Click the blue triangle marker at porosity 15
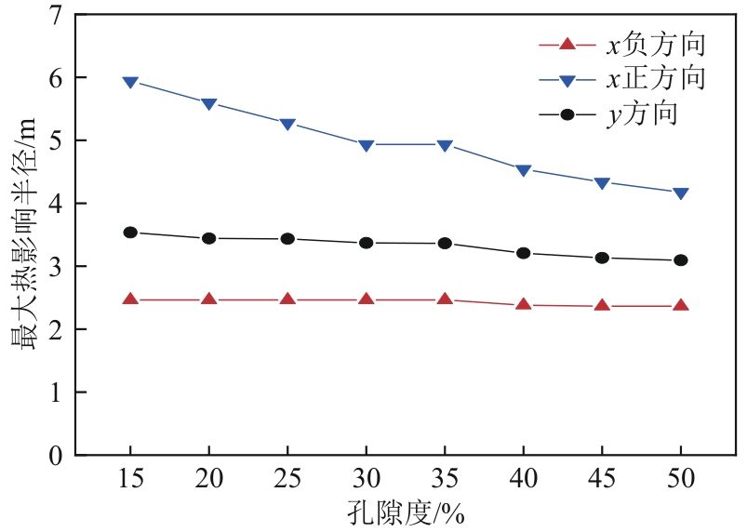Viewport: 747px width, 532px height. click(x=130, y=82)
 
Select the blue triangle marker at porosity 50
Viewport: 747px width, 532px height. click(x=681, y=193)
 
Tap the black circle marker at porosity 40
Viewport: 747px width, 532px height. click(x=524, y=253)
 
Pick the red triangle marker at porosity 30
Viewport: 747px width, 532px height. click(x=367, y=299)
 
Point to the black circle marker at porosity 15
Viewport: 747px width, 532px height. click(x=130, y=233)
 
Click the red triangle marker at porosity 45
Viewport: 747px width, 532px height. click(x=602, y=305)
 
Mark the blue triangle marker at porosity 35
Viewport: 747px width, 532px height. click(x=445, y=146)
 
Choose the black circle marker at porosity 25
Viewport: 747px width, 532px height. click(x=287, y=239)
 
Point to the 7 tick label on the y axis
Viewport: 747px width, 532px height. click(x=56, y=15)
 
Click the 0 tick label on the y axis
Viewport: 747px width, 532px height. click(x=56, y=456)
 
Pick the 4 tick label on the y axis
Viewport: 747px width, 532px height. click(x=56, y=204)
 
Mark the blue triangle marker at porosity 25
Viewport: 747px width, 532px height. click(x=287, y=125)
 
